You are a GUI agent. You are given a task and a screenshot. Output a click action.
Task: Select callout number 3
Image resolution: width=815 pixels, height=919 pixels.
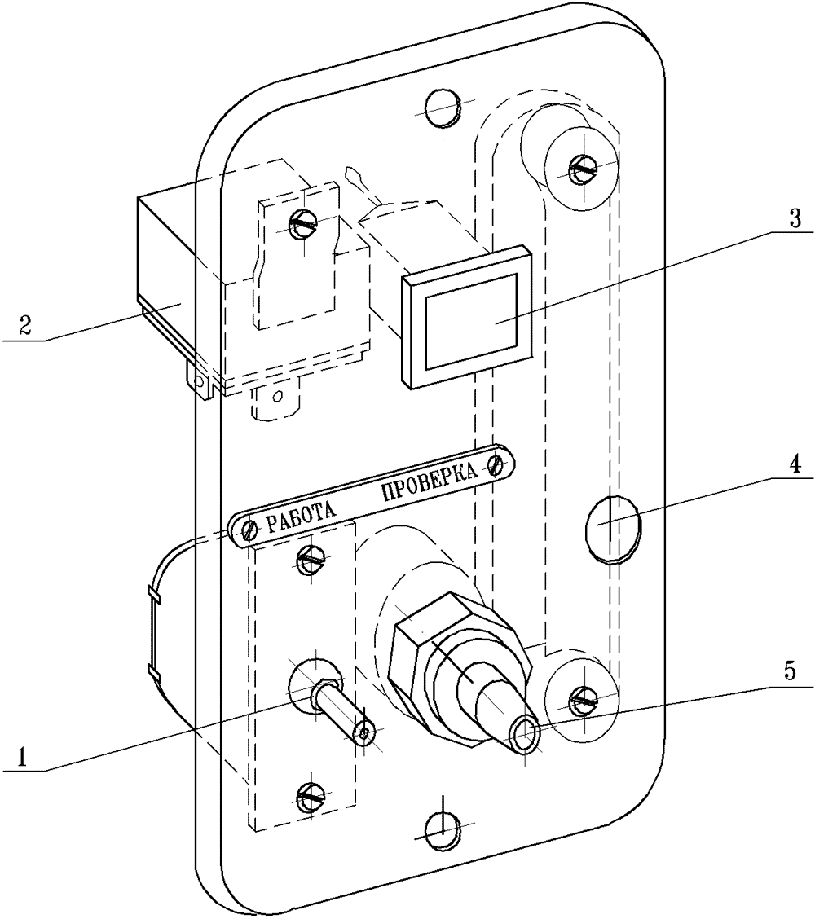(794, 219)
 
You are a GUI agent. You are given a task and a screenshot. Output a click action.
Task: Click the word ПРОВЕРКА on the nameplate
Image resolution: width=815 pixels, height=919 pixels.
(430, 481)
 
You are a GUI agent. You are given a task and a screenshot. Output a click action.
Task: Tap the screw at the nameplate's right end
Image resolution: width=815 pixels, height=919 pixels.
(496, 467)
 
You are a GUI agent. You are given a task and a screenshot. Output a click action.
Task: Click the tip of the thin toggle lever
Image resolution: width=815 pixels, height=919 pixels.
(364, 733)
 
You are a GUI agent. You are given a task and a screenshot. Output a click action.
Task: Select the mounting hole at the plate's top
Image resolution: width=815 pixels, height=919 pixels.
(442, 108)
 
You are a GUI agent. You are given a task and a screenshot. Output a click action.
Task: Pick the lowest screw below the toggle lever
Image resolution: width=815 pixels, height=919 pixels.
(311, 797)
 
